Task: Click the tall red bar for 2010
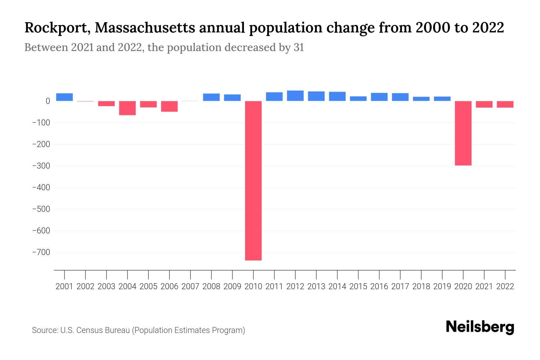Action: (253, 180)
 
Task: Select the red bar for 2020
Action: (463, 133)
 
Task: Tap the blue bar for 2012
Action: (295, 96)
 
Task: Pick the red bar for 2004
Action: (127, 108)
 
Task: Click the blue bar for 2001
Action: (64, 97)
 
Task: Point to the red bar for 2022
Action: (505, 104)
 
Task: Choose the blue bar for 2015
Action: (358, 99)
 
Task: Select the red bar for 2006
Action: (169, 106)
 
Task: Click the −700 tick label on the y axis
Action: (41, 252)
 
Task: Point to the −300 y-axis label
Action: (41, 166)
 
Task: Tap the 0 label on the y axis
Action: (48, 101)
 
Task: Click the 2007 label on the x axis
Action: (190, 286)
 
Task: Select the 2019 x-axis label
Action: (442, 286)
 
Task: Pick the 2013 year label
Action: (316, 286)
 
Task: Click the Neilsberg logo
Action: (480, 327)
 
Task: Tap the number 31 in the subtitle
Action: (299, 47)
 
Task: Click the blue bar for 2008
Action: (211, 97)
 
